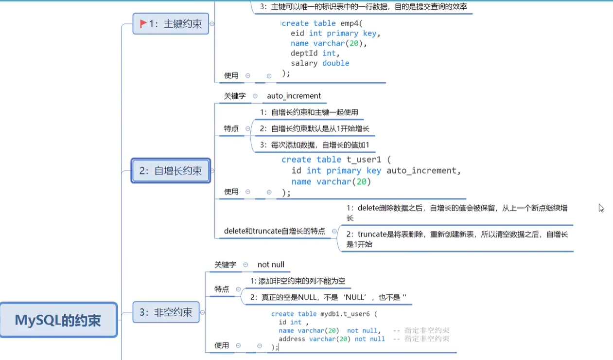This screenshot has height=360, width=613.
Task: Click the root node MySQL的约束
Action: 58,320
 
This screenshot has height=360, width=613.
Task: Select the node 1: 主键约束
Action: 171,23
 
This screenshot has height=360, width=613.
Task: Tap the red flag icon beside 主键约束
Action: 143,23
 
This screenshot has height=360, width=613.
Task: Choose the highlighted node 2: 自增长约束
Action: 171,170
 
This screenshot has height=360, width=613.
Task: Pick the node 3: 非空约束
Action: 166,312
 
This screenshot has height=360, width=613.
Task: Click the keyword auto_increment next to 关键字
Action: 294,96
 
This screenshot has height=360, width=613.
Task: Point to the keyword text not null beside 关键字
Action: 271,265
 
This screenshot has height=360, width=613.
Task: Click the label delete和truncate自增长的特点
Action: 274,231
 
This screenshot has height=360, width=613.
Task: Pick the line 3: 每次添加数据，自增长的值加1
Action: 314,144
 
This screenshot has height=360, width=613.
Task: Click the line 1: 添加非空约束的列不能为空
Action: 298,281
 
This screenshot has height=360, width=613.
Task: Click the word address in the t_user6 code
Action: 292,339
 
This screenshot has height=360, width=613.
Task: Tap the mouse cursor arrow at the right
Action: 601,208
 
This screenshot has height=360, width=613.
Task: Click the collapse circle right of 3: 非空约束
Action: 202,312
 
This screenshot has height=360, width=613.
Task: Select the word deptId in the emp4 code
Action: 304,53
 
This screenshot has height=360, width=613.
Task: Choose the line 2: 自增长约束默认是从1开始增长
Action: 314,128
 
